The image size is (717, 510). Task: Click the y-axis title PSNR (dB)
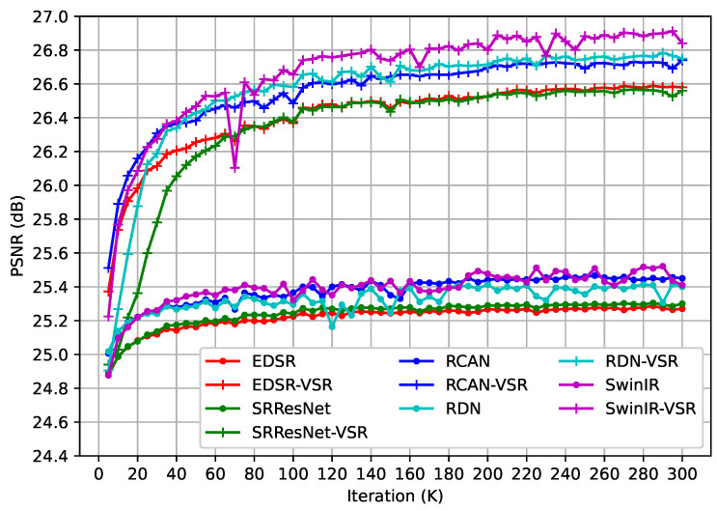coord(14,236)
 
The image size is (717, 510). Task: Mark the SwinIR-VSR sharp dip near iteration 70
coord(234,168)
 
